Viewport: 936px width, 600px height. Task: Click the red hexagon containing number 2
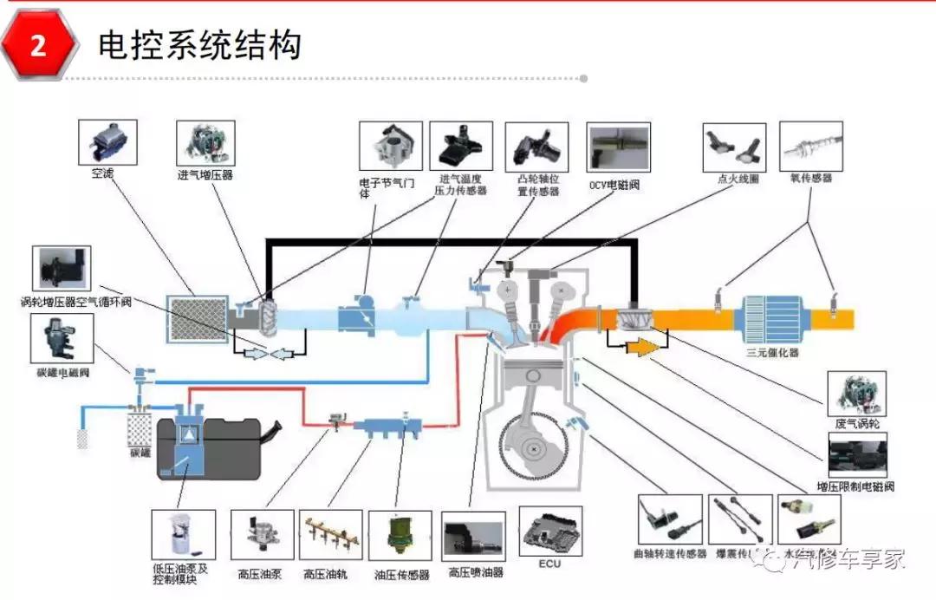coord(38,46)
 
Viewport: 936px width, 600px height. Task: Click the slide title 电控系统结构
coord(199,44)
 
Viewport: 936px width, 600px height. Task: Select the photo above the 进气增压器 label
coord(205,143)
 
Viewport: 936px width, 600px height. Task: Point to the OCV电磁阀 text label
coord(614,186)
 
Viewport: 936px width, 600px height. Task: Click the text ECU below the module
coord(549,564)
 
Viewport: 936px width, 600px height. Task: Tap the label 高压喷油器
coord(476,572)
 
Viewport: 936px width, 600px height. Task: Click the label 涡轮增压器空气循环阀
coord(77,303)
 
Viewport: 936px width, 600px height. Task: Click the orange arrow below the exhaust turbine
coord(642,348)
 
